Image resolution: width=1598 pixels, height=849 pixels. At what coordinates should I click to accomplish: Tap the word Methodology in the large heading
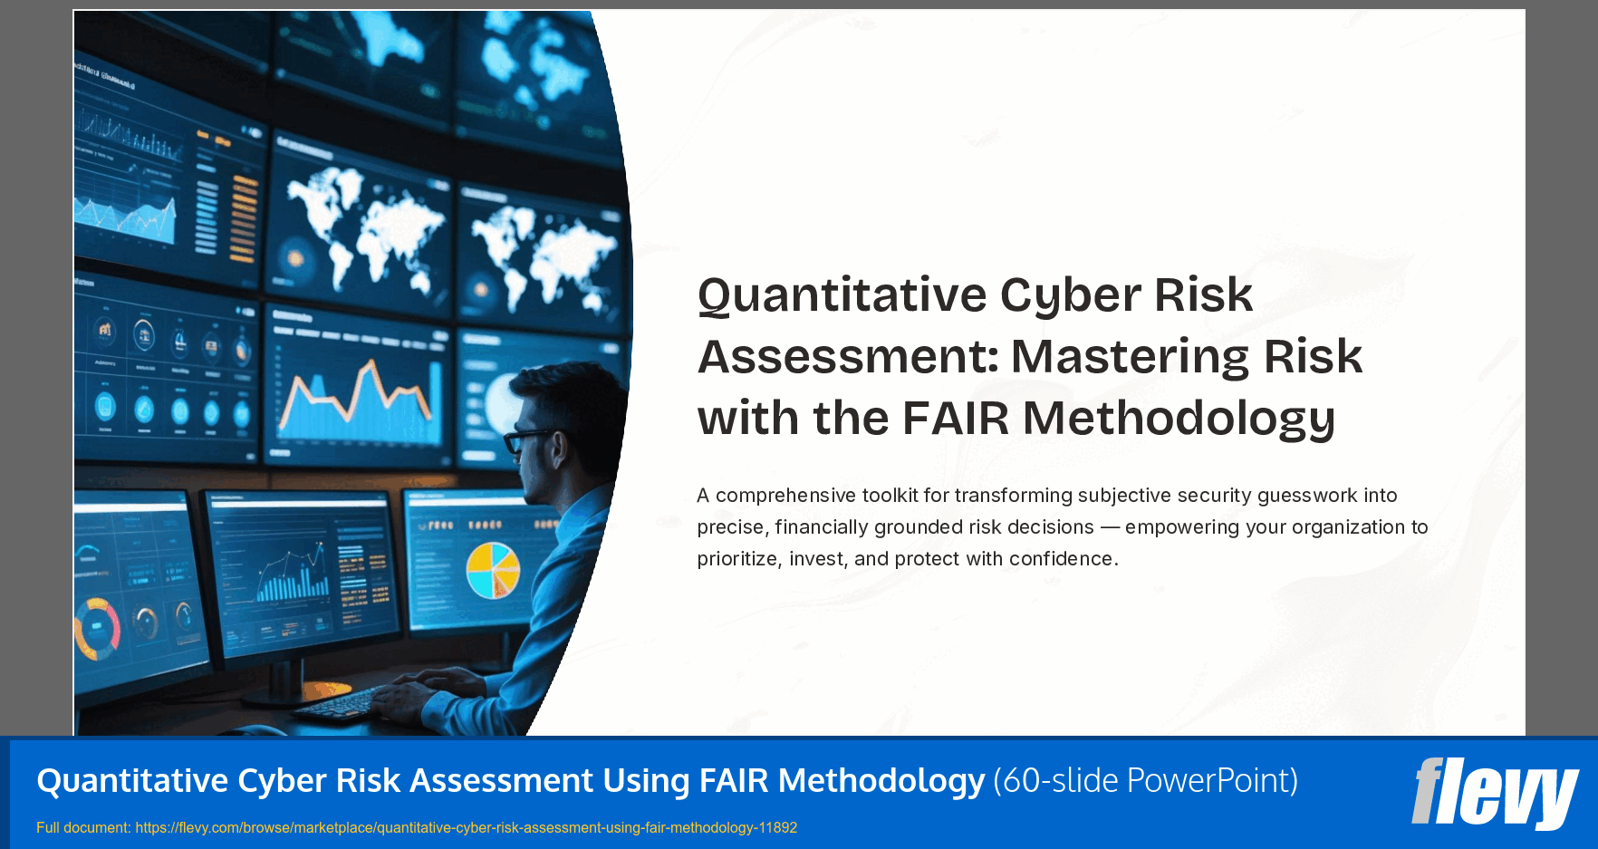click(1179, 419)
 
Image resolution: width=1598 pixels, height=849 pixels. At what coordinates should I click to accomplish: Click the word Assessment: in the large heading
click(848, 357)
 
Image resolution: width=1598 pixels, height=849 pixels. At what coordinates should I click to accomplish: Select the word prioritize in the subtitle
click(737, 559)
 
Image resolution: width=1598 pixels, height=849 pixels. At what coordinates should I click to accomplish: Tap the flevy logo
click(1494, 793)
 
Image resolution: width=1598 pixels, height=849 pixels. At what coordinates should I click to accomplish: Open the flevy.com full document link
click(466, 827)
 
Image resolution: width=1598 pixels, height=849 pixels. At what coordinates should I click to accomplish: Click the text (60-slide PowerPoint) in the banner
click(1145, 780)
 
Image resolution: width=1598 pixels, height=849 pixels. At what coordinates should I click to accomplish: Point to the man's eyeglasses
click(525, 440)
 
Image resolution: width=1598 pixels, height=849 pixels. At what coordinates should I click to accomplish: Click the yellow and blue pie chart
click(493, 570)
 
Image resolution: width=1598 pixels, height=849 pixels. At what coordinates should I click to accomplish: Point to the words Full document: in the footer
click(82, 827)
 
